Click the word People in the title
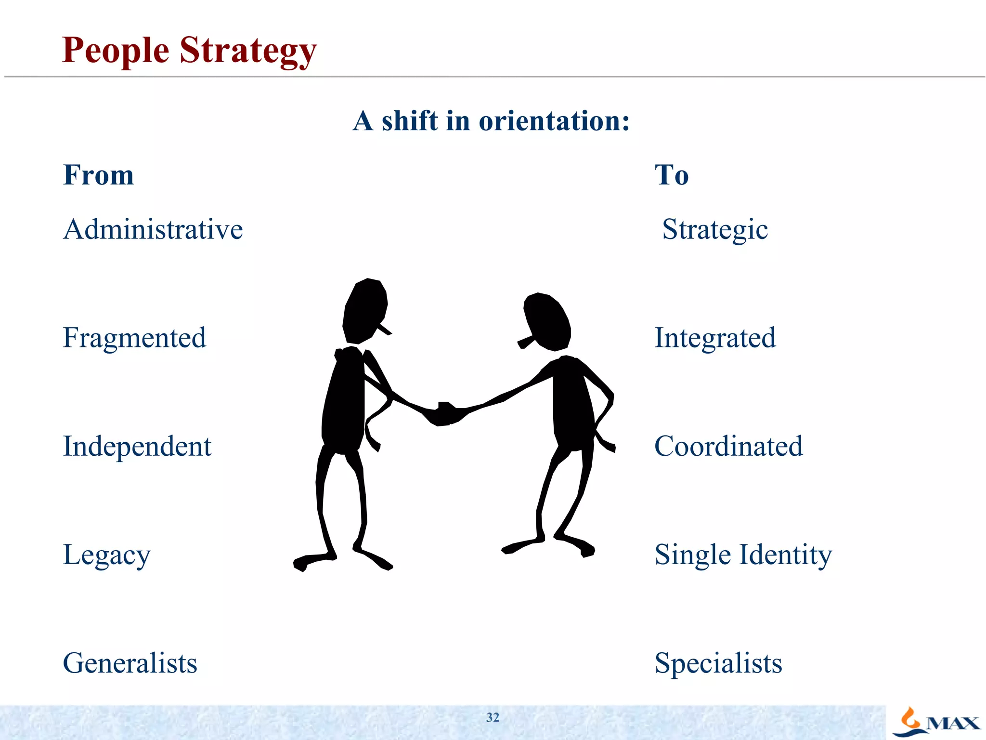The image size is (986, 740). [x=116, y=51]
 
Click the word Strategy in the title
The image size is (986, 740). [x=248, y=51]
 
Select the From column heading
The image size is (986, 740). [x=99, y=174]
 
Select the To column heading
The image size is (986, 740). [x=672, y=174]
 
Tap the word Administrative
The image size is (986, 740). [x=153, y=229]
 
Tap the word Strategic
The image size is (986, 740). [x=715, y=230]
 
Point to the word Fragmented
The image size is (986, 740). [x=134, y=338]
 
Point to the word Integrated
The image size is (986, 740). [x=715, y=338]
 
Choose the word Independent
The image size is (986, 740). [x=137, y=447]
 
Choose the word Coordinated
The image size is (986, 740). [x=728, y=446]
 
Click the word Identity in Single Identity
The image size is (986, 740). [x=785, y=555]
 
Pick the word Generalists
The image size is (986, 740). [x=130, y=663]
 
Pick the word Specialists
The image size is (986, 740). [x=718, y=663]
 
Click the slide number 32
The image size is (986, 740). [x=493, y=717]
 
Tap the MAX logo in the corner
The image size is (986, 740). [x=936, y=722]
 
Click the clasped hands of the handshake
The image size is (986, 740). [x=445, y=413]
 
